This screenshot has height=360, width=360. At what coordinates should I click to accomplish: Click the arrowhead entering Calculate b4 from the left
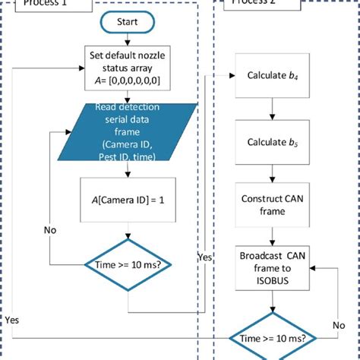(231, 76)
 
